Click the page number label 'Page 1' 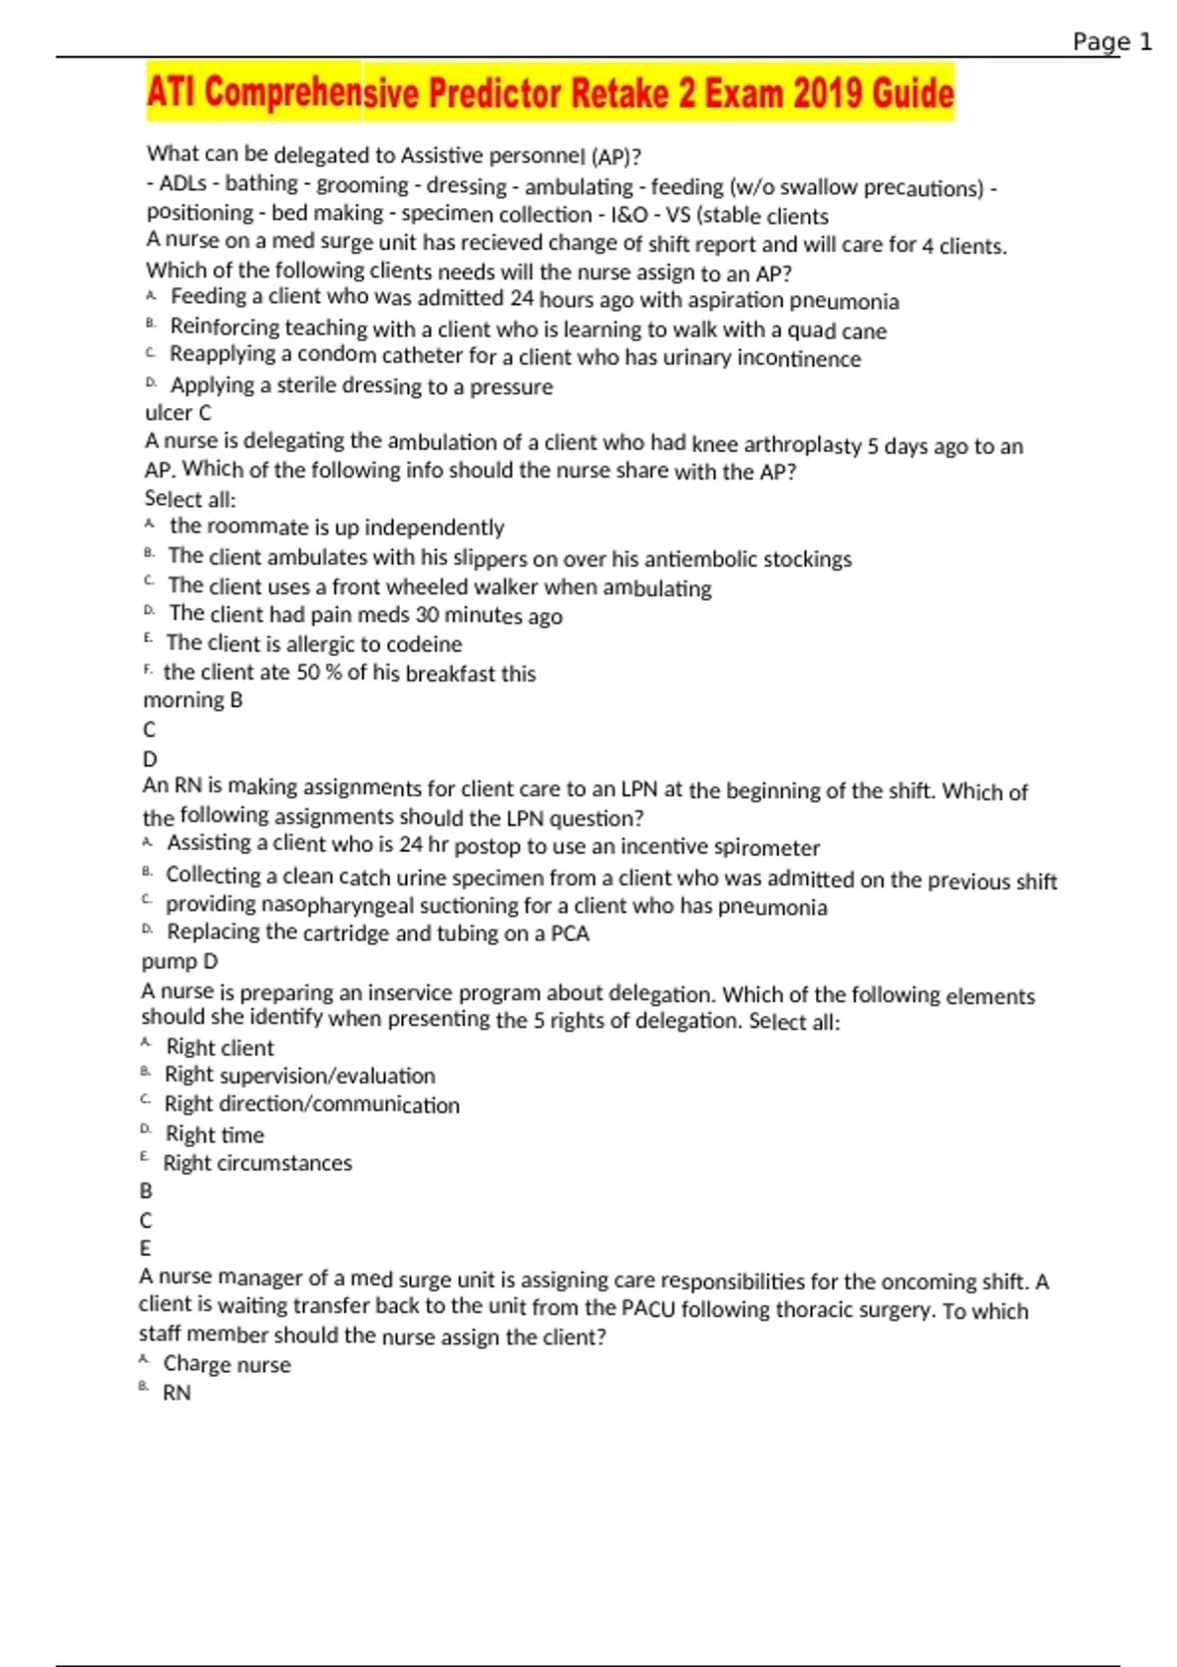[x=1111, y=42]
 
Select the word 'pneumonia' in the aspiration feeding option [x=844, y=301]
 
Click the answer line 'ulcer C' [x=178, y=413]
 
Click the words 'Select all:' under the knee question [x=190, y=499]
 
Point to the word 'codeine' [x=422, y=644]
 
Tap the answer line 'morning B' [x=192, y=700]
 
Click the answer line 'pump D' [x=179, y=962]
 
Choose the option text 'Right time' [x=215, y=1135]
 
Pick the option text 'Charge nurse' [x=227, y=1364]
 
